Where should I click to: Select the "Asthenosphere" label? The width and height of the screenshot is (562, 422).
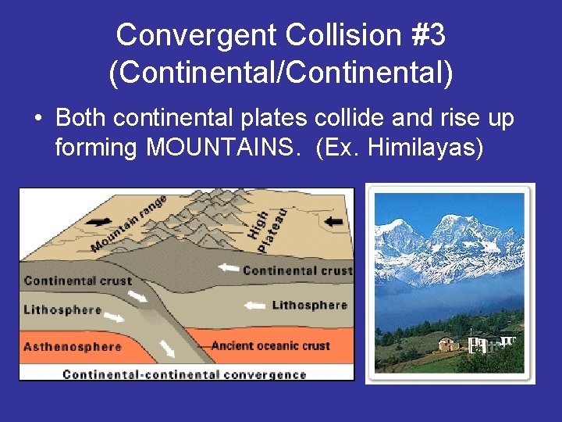[72, 346]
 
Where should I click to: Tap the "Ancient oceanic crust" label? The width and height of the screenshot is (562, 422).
[270, 345]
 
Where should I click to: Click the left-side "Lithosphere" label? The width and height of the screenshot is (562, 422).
[62, 310]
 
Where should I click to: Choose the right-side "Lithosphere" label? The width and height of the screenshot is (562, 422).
[310, 305]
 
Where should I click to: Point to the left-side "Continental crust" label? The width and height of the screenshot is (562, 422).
[78, 281]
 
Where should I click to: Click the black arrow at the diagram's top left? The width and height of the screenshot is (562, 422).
[97, 221]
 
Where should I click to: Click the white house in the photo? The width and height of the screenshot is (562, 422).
[483, 342]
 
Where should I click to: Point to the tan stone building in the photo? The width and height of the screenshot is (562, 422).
[448, 344]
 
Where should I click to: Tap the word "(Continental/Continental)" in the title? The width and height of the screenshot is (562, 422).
[281, 73]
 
